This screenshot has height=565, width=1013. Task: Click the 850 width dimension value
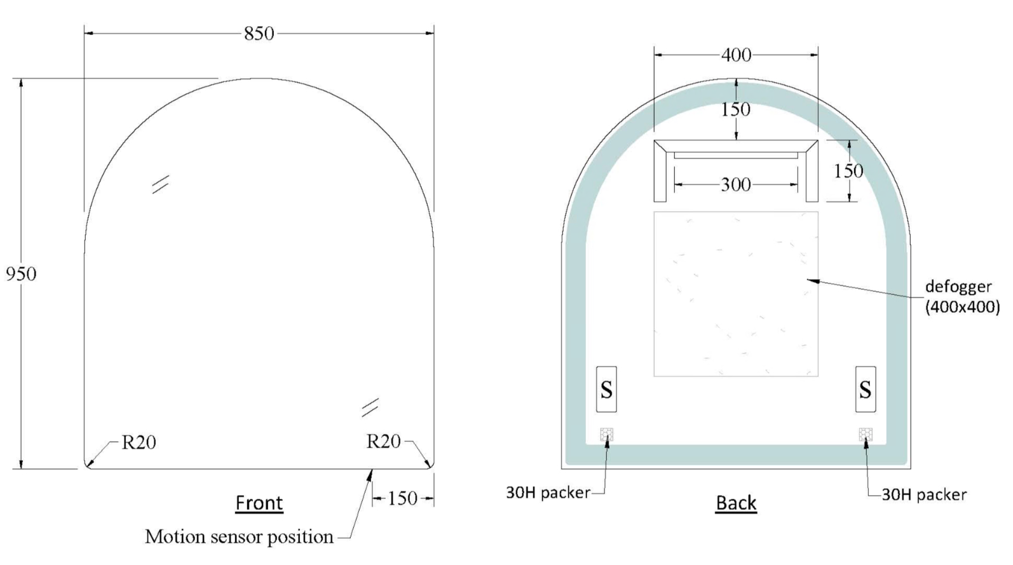tap(259, 33)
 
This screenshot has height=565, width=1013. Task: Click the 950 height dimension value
tap(21, 274)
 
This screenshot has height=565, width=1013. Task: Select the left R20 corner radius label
tap(139, 442)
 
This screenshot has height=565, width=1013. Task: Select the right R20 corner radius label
tap(383, 441)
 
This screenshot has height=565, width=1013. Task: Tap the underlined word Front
tap(259, 503)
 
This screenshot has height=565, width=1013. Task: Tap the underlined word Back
tap(736, 503)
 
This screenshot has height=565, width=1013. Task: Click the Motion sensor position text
tap(239, 537)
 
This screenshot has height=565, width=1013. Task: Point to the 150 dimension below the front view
tap(402, 498)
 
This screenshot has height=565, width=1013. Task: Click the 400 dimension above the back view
tap(736, 55)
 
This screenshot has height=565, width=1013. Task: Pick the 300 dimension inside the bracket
tap(736, 185)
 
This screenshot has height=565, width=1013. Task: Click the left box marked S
tap(606, 389)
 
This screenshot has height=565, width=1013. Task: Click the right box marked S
tap(865, 389)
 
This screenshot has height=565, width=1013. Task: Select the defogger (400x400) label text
tap(962, 297)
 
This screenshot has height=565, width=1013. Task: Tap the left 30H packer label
tap(547, 493)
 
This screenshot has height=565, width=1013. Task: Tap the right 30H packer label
tap(923, 494)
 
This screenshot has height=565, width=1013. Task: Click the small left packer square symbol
tap(607, 435)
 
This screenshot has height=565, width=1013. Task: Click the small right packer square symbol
tap(865, 435)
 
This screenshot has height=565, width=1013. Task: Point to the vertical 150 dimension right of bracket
tap(848, 171)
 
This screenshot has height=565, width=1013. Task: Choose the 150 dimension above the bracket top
tap(736, 109)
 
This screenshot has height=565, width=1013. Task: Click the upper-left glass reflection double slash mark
tap(160, 184)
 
